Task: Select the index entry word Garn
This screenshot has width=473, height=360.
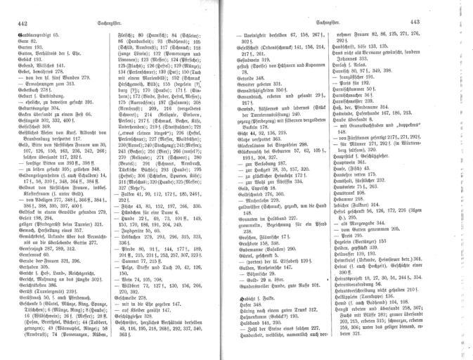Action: coord(21,41)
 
